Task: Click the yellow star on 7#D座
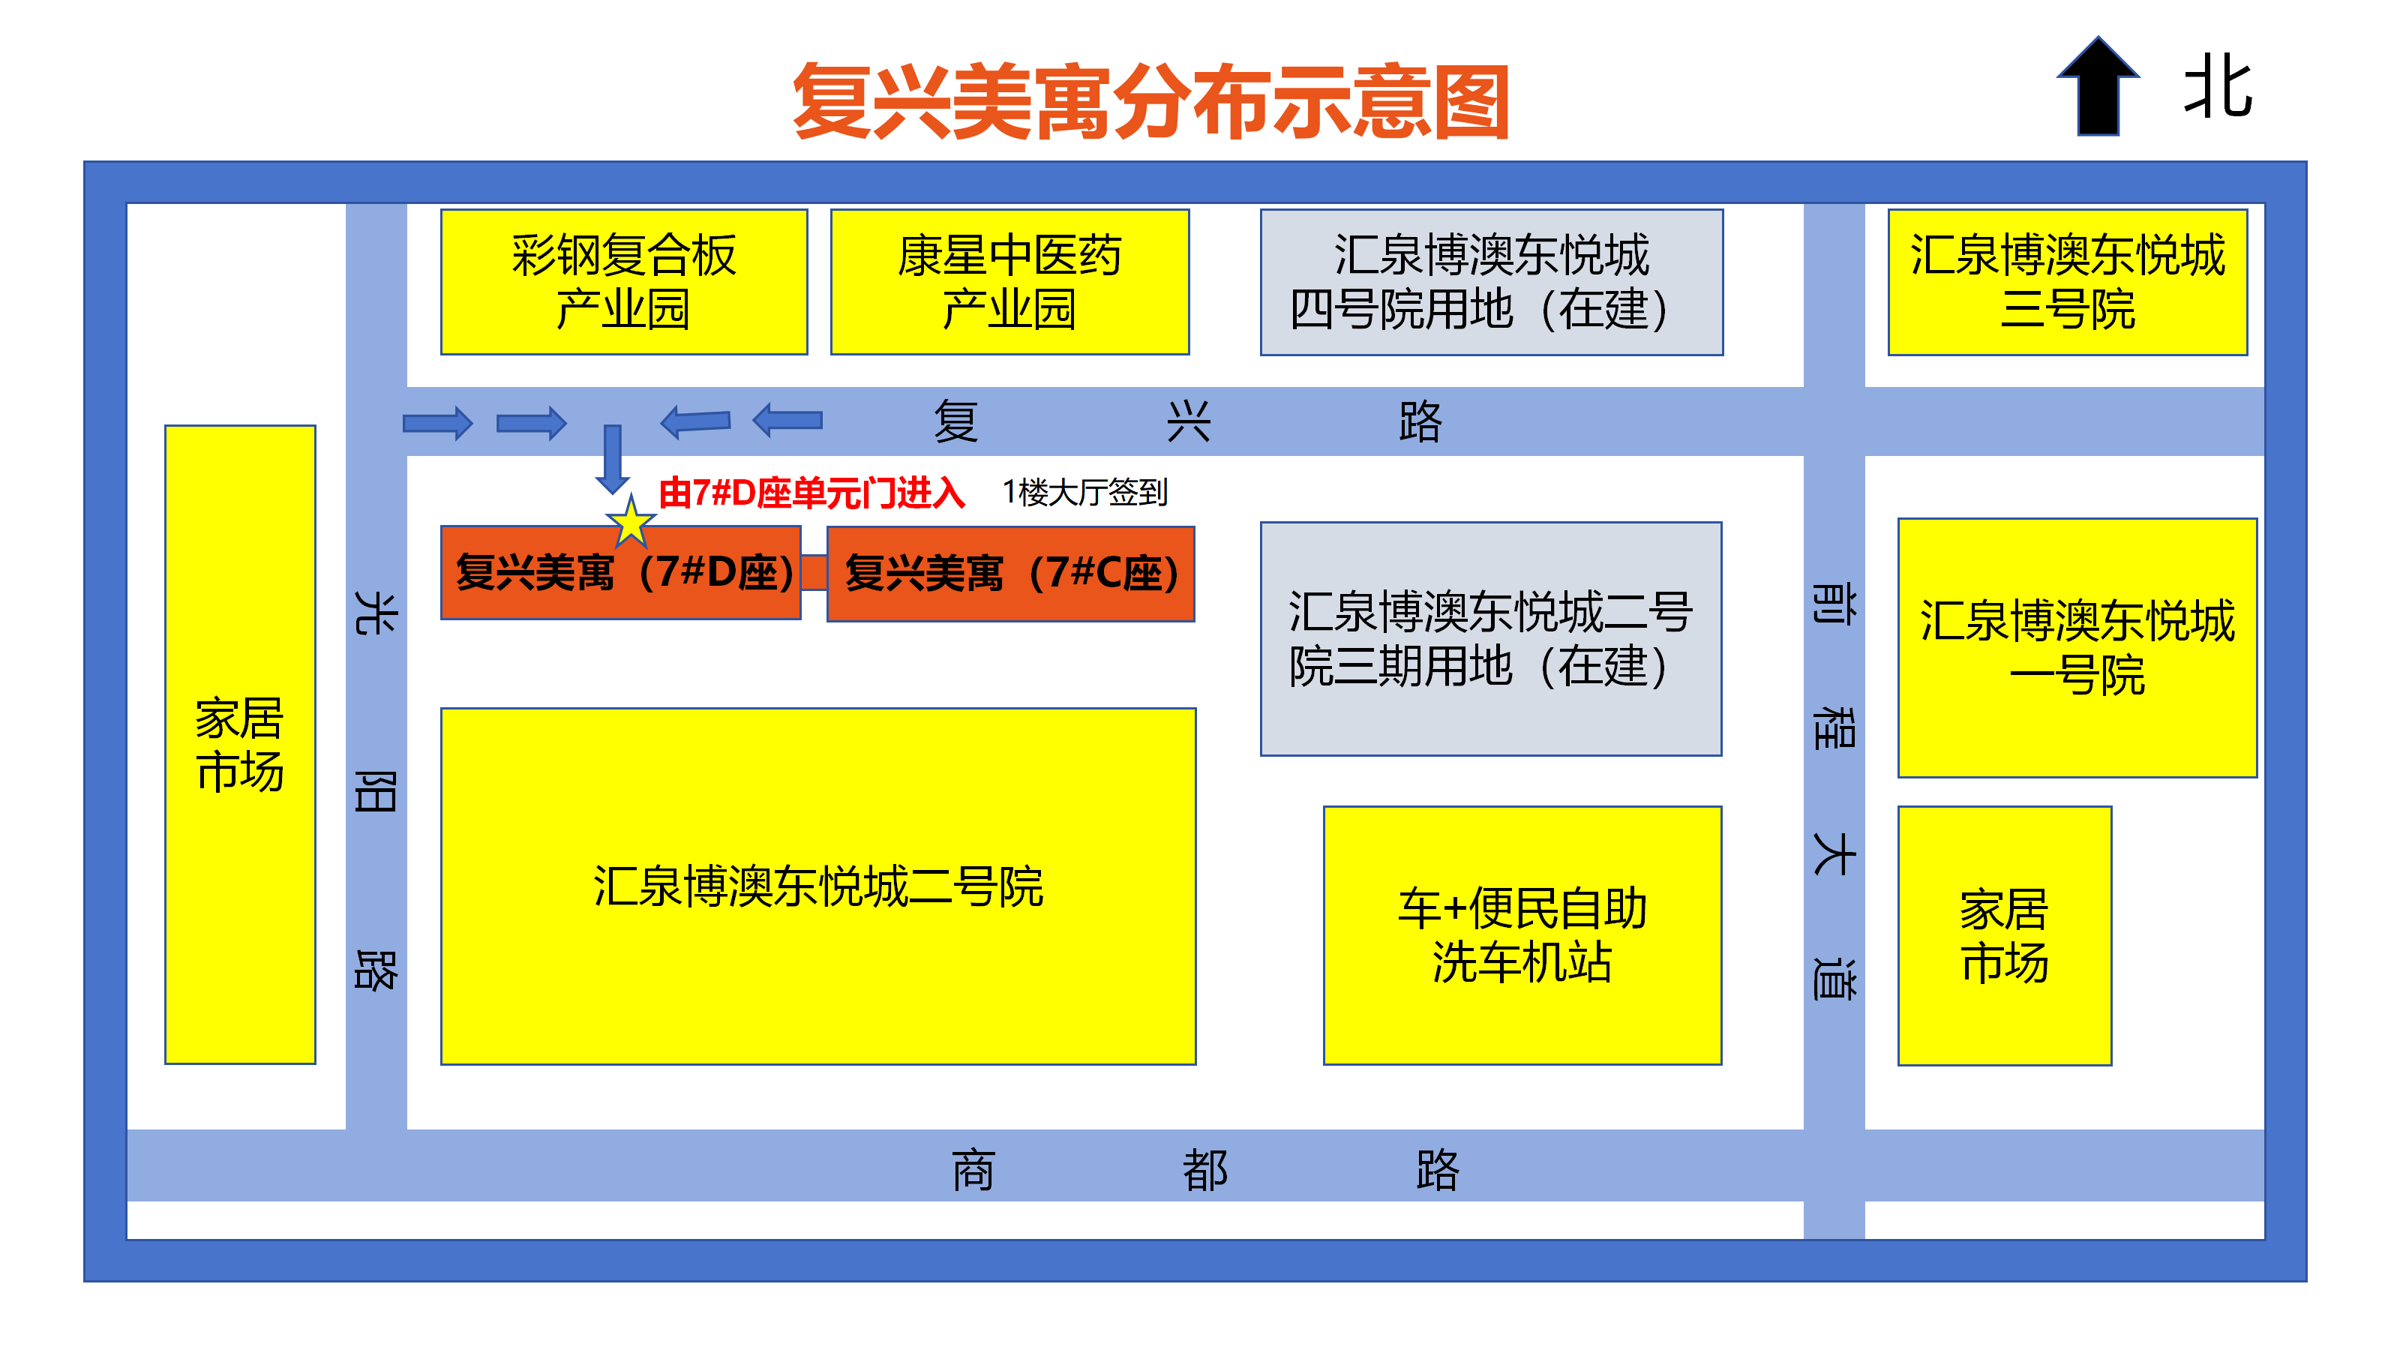(631, 522)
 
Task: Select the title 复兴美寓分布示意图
(1150, 101)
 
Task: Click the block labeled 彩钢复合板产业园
(623, 281)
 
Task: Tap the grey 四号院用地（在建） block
(1491, 281)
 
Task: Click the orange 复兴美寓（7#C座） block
(1010, 573)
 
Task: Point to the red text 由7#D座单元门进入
(811, 493)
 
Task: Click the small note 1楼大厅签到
(1084, 492)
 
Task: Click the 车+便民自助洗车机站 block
(1522, 934)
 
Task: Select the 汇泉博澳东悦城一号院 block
(2077, 647)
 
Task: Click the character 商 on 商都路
(973, 1169)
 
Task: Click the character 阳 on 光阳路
(376, 792)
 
